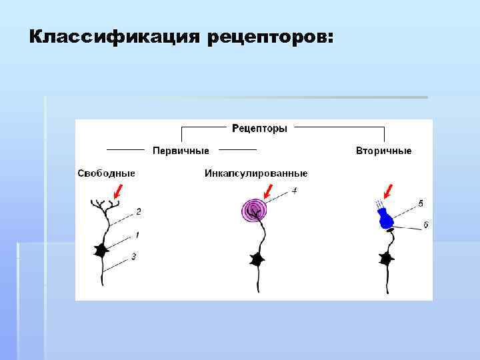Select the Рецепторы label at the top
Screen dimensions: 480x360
[259, 127]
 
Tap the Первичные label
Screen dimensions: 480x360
[181, 151]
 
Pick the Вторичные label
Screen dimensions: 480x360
[383, 151]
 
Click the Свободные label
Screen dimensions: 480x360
[107, 173]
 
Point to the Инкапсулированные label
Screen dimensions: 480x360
[255, 173]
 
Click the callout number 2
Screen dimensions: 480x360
[138, 212]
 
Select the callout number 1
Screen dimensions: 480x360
[137, 235]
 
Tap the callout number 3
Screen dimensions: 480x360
[134, 257]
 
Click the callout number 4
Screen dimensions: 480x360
[294, 191]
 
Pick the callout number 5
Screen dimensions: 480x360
[421, 202]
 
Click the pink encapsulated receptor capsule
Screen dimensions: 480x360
[253, 211]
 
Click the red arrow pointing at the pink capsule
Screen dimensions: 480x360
[269, 195]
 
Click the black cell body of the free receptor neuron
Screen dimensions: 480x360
[101, 251]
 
